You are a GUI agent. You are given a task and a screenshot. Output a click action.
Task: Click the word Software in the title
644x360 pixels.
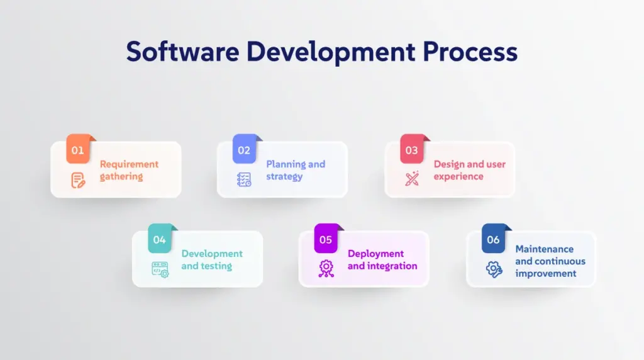click(x=183, y=52)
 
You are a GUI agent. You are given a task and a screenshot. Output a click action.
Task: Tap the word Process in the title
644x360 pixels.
click(x=470, y=52)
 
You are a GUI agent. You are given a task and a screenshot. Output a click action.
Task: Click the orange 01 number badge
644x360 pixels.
click(x=78, y=149)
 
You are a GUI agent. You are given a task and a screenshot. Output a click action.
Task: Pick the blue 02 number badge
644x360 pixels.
click(x=244, y=149)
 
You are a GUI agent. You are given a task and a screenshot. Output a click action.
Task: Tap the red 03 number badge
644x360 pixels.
click(x=412, y=149)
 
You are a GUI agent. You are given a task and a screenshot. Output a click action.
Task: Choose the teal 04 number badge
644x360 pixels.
click(x=160, y=239)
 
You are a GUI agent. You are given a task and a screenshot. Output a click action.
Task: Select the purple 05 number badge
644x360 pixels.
click(x=326, y=239)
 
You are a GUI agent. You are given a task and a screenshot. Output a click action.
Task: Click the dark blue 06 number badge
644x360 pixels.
click(x=493, y=239)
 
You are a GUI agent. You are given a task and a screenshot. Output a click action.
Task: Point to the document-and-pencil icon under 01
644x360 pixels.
click(x=78, y=180)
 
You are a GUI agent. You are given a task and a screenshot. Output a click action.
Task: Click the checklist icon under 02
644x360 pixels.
click(x=244, y=179)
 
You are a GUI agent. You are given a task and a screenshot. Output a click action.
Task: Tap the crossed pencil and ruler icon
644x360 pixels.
click(x=412, y=179)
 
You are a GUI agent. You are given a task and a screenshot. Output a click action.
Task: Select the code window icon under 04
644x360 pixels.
click(x=160, y=269)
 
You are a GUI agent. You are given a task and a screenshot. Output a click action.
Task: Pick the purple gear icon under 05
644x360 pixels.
click(x=326, y=269)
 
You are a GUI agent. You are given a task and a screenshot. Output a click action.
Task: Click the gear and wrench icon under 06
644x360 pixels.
click(x=494, y=269)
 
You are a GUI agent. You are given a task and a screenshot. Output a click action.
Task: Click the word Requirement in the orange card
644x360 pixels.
click(x=129, y=164)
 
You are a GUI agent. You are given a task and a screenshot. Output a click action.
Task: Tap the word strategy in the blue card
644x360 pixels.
click(x=284, y=177)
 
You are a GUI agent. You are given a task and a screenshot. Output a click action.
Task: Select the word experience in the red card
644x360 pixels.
click(x=458, y=177)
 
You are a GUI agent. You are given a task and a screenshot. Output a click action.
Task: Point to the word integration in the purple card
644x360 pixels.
click(x=392, y=266)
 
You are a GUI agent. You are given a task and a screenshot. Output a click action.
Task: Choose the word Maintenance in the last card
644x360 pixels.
click(x=545, y=249)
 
